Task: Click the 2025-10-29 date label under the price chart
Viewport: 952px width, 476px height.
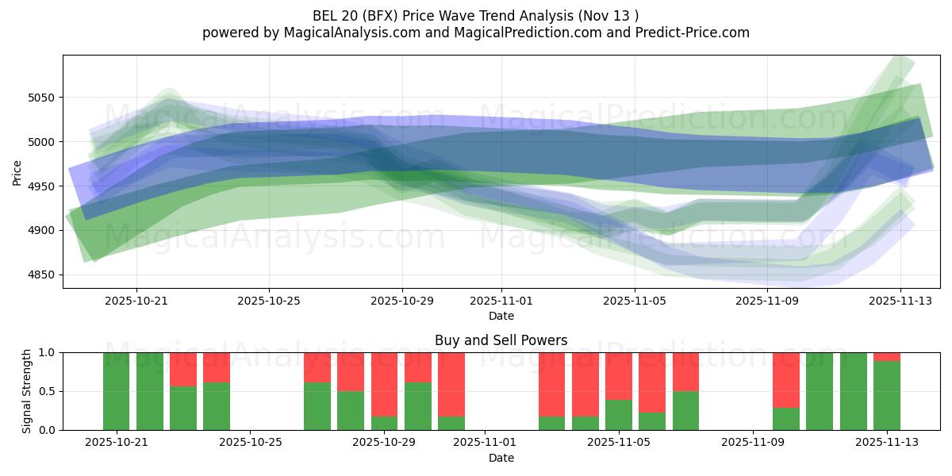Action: (x=401, y=301)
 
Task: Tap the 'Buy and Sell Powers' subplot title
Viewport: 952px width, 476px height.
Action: (x=501, y=340)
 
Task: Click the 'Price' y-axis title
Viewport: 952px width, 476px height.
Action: (x=17, y=172)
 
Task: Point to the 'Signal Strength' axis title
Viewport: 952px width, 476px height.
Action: (x=28, y=391)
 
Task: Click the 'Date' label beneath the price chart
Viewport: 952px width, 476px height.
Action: (x=501, y=316)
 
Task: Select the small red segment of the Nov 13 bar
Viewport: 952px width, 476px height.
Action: (x=887, y=356)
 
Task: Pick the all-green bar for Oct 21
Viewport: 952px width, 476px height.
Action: (x=116, y=391)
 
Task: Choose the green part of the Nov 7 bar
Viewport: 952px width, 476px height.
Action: (x=685, y=410)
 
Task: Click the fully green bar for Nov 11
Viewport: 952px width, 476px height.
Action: (x=820, y=391)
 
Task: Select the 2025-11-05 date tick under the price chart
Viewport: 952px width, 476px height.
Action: (x=635, y=301)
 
